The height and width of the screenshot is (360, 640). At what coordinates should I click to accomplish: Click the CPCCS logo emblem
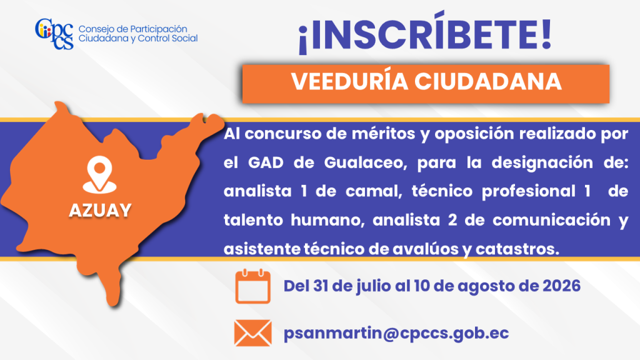tap(54, 34)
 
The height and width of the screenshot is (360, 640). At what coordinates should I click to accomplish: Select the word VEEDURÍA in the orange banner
tap(350, 82)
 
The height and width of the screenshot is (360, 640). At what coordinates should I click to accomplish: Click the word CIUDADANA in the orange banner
tap(488, 82)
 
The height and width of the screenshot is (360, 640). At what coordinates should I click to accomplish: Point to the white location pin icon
tap(99, 175)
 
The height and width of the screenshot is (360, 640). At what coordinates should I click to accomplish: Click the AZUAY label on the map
tap(100, 211)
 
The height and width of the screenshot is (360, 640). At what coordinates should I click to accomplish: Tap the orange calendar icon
tap(252, 286)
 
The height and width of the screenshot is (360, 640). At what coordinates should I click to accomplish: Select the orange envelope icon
tap(252, 333)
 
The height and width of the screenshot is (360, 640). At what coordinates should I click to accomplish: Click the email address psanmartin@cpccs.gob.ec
tap(396, 333)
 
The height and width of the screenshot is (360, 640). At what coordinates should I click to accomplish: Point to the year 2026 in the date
tap(561, 286)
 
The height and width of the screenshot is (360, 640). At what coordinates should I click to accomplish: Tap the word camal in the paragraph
tap(374, 191)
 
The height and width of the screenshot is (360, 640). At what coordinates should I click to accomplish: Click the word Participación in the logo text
tap(159, 29)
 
